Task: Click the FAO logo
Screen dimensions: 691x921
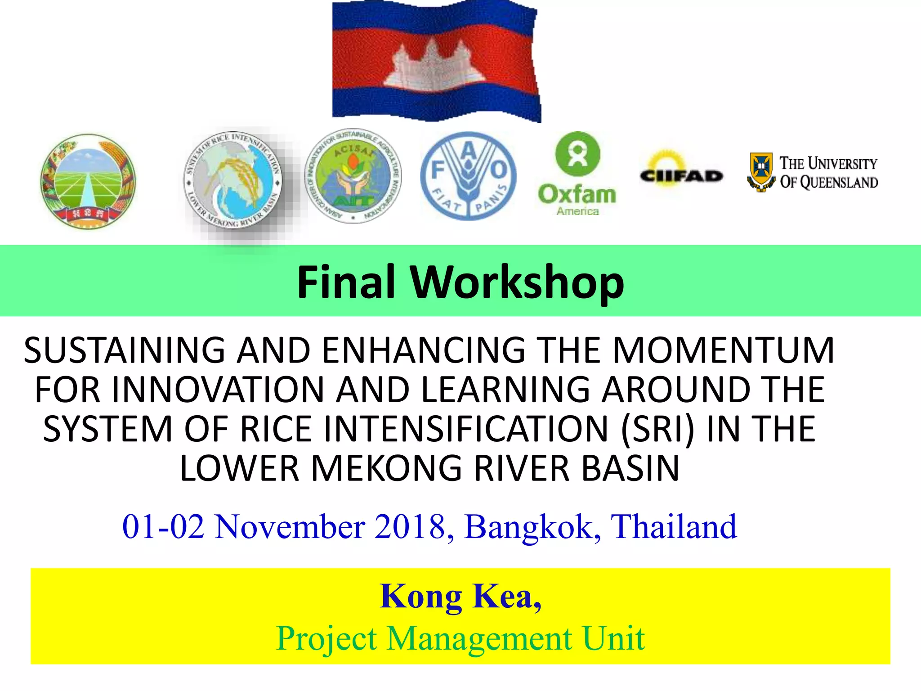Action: point(468,176)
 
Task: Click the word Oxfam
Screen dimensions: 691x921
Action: point(577,194)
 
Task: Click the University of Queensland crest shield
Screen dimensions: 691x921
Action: point(761,171)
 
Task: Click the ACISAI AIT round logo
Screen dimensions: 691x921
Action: point(353,176)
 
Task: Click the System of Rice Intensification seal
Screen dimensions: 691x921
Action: point(233,180)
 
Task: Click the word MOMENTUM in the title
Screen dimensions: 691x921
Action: point(723,350)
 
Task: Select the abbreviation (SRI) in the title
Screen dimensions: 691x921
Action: point(657,429)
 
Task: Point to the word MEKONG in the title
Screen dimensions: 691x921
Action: point(386,468)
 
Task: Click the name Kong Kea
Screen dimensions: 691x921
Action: point(460,596)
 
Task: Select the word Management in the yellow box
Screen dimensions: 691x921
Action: point(479,638)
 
